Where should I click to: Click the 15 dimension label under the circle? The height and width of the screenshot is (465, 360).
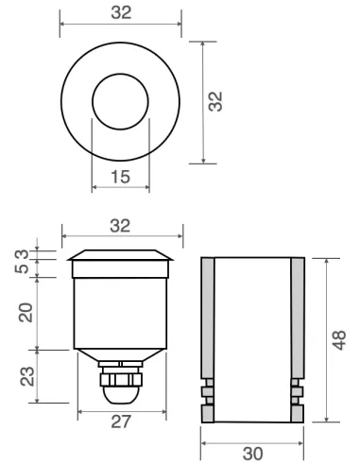[120, 177]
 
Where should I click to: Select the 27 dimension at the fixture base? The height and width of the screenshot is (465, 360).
[120, 422]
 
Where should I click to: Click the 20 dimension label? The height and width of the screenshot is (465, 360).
[27, 311]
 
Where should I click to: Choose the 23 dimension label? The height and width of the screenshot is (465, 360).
[27, 376]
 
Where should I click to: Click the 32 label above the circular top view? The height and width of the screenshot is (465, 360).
[121, 13]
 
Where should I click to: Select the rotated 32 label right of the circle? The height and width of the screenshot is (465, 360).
[215, 102]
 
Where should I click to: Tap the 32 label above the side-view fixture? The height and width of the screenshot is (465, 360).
[121, 225]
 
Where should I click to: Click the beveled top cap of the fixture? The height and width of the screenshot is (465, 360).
[120, 255]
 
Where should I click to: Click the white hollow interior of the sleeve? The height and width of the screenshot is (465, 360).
[252, 340]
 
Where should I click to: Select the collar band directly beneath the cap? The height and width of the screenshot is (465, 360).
[120, 269]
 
